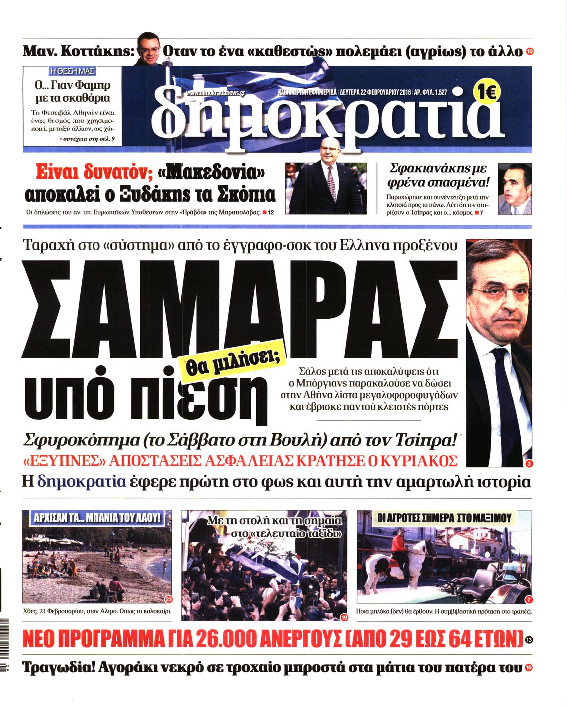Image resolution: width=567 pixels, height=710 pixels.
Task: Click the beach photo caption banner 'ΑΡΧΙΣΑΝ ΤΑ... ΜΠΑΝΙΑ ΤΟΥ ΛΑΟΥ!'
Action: (97, 518)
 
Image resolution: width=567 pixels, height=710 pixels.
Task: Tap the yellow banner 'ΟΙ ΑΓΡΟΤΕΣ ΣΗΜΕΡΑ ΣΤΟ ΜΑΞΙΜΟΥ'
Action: (444, 518)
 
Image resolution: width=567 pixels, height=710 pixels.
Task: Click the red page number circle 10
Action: (529, 52)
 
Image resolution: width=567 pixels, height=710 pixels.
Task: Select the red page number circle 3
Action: (528, 464)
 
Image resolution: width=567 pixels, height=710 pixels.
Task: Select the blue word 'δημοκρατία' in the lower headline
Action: (81, 482)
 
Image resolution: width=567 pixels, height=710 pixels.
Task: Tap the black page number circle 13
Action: (528, 640)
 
